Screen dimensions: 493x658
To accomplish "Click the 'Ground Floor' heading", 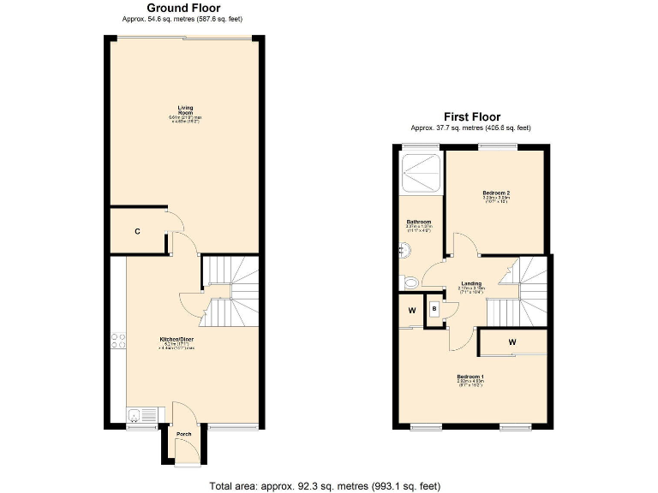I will pyautogui.click(x=183, y=8).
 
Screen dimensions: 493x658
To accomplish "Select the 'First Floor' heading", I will pyautogui.click(x=471, y=117).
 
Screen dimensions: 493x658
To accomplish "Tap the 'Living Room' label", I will pyautogui.click(x=184, y=110).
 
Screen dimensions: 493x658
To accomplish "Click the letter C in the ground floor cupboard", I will pyautogui.click(x=137, y=231).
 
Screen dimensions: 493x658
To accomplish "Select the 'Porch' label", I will pyautogui.click(x=184, y=434).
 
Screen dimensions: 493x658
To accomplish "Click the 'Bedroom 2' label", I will pyautogui.click(x=496, y=194).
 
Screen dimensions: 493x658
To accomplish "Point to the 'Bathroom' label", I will pyautogui.click(x=418, y=222).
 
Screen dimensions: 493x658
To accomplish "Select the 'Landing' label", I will pyautogui.click(x=470, y=283).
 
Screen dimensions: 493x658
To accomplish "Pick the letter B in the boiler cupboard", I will pyautogui.click(x=435, y=308).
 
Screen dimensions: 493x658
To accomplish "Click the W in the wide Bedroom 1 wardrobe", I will pyautogui.click(x=512, y=342).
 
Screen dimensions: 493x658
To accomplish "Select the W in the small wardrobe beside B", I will pyautogui.click(x=412, y=311).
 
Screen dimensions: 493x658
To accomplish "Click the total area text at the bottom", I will pyautogui.click(x=325, y=485).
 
